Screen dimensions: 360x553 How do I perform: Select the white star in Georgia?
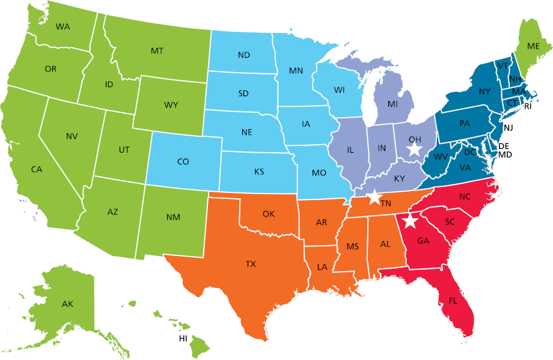(x=410, y=221)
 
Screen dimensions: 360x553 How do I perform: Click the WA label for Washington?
(x=63, y=26)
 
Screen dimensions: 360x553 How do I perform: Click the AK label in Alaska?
(x=67, y=304)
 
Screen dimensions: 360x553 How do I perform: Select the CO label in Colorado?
(x=183, y=162)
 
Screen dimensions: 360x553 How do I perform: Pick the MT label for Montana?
(x=157, y=51)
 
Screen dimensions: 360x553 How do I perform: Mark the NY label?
(x=485, y=92)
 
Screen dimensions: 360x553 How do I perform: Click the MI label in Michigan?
(x=393, y=104)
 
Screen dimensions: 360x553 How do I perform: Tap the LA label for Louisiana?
(x=323, y=266)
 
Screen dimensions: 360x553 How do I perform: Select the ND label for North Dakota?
(x=243, y=55)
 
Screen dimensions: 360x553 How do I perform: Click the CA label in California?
(x=37, y=169)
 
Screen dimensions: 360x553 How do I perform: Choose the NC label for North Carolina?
(x=465, y=197)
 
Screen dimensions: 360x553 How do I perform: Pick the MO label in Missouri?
(x=319, y=173)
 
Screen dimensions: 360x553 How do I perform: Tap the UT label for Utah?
(x=124, y=149)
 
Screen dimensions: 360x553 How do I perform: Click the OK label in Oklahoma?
(x=268, y=213)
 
